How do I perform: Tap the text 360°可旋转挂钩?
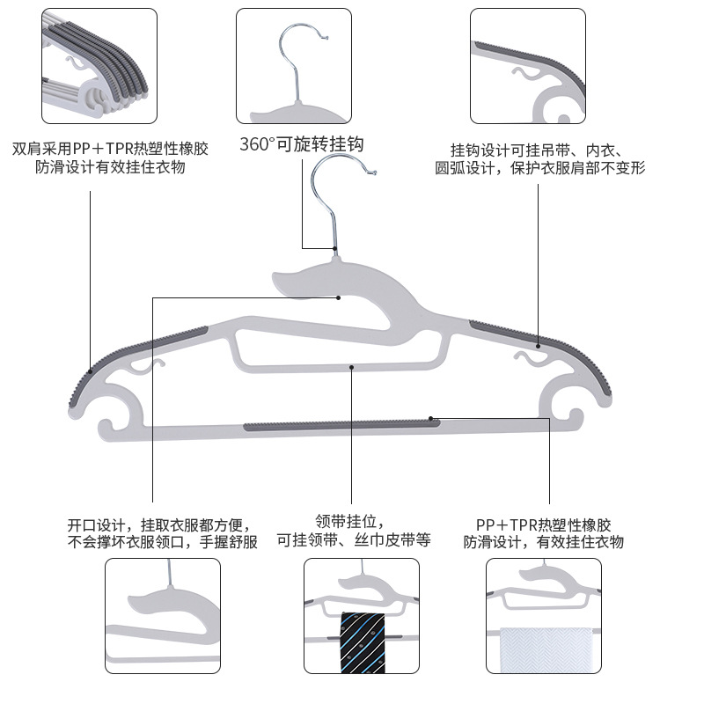pyautogui.click(x=302, y=144)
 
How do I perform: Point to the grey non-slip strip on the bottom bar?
pyautogui.click(x=342, y=425)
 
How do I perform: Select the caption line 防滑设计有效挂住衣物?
pyautogui.click(x=111, y=167)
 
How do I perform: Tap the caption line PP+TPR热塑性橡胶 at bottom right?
pyautogui.click(x=543, y=523)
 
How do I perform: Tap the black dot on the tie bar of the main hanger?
pyautogui.click(x=351, y=366)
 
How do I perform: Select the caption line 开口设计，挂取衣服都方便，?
pyautogui.click(x=163, y=523)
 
